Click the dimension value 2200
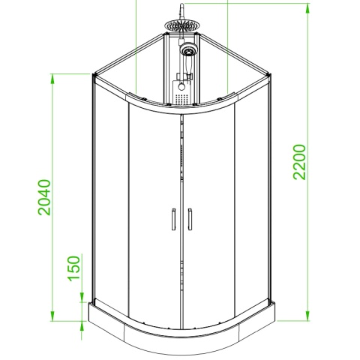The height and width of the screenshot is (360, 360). click(300, 161)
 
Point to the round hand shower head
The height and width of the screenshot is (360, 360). click(188, 51)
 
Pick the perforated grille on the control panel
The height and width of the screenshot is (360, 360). click(180, 91)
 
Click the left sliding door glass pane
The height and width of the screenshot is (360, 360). click(154, 217)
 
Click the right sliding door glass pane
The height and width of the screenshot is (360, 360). click(210, 217)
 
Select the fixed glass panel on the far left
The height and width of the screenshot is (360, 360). click(110, 202)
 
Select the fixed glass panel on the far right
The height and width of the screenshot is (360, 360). click(251, 202)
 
